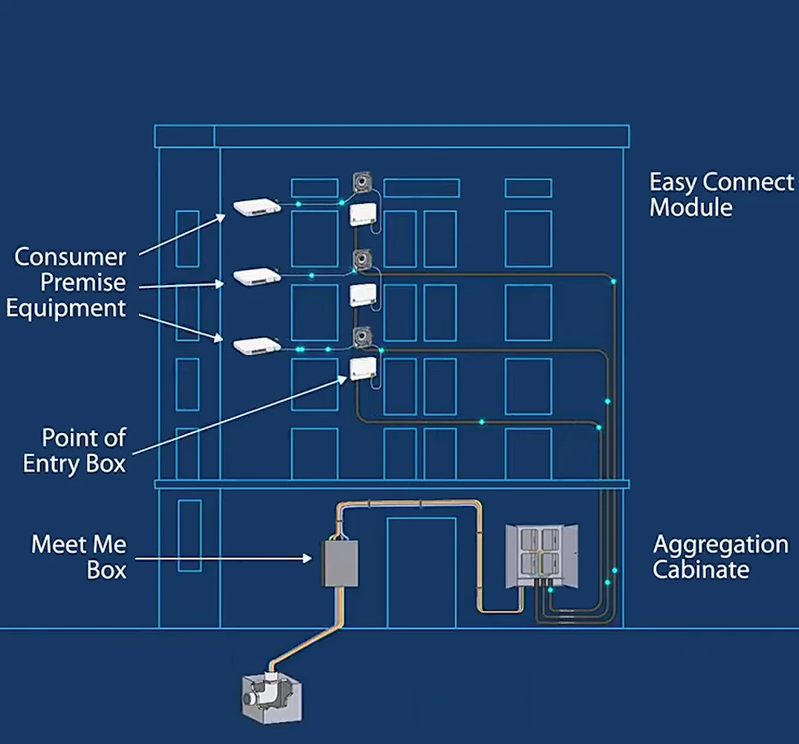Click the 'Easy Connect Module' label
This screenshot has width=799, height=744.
pos(720,194)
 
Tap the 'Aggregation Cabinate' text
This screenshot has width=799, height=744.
pos(719,557)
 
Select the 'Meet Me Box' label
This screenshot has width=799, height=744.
pos(79,557)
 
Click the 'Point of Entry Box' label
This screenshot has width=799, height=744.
pos(74,450)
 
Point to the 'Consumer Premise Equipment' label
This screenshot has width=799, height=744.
pos(69,283)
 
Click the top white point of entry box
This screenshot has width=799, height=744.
pos(364,215)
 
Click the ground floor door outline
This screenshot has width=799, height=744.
pos(421,573)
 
